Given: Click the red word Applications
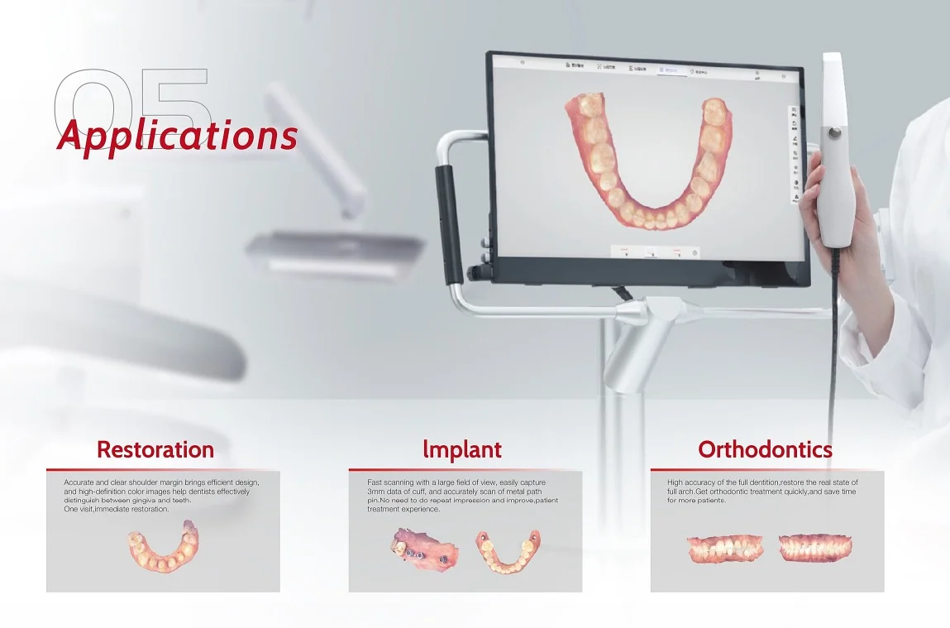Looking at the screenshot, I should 177,135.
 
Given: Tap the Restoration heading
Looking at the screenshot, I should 155,449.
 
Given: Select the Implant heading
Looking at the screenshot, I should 461,449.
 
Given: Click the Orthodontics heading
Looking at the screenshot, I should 765,449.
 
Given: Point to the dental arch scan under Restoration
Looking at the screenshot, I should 162,549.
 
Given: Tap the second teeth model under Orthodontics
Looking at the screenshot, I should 814,548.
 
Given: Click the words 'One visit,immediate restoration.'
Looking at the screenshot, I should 117,509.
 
